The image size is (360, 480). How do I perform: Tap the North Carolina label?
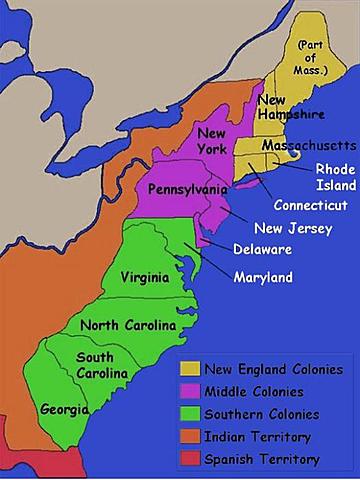[128, 326]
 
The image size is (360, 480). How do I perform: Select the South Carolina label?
[102, 365]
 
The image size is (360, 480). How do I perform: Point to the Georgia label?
[65, 409]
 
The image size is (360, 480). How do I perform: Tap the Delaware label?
[263, 249]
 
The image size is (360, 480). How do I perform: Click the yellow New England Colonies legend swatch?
[189, 370]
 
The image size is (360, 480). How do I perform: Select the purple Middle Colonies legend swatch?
[189, 392]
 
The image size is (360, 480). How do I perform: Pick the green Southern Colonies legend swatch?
[189, 414]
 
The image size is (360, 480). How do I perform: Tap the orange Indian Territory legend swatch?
[189, 436]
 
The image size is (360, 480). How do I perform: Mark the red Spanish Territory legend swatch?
[189, 459]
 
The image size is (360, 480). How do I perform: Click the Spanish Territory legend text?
[262, 459]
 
